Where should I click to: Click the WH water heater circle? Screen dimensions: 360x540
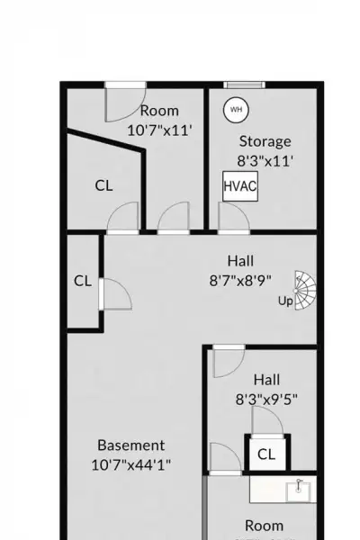pyautogui.click(x=236, y=110)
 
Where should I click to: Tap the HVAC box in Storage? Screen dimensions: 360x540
pyautogui.click(x=240, y=186)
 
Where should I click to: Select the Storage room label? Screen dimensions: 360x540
pyautogui.click(x=265, y=142)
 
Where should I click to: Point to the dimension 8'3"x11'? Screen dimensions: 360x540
pyautogui.click(x=265, y=161)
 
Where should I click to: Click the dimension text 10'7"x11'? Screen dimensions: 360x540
pyautogui.click(x=159, y=130)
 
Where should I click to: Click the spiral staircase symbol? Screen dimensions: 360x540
pyautogui.click(x=305, y=291)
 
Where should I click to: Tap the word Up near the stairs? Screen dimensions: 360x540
pyautogui.click(x=285, y=301)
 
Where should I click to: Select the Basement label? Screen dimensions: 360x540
pyautogui.click(x=130, y=445)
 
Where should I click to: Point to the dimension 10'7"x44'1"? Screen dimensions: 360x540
pyautogui.click(x=130, y=465)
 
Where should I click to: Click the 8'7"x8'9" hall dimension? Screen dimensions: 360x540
pyautogui.click(x=240, y=280)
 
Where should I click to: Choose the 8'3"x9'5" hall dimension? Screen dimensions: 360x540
pyautogui.click(x=266, y=400)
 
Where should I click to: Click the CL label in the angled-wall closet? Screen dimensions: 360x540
pyautogui.click(x=103, y=185)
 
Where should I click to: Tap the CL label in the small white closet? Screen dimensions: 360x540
pyautogui.click(x=266, y=454)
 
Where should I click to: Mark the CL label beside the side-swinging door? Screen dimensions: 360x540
pyautogui.click(x=83, y=281)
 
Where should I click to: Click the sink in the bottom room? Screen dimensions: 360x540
pyautogui.click(x=299, y=490)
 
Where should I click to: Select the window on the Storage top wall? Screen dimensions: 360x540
pyautogui.click(x=244, y=85)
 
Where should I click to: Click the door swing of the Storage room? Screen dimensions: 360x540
pyautogui.click(x=234, y=217)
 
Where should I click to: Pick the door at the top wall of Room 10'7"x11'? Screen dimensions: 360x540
pyautogui.click(x=125, y=102)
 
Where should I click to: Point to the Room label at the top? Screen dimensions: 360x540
pyautogui.click(x=159, y=111)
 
